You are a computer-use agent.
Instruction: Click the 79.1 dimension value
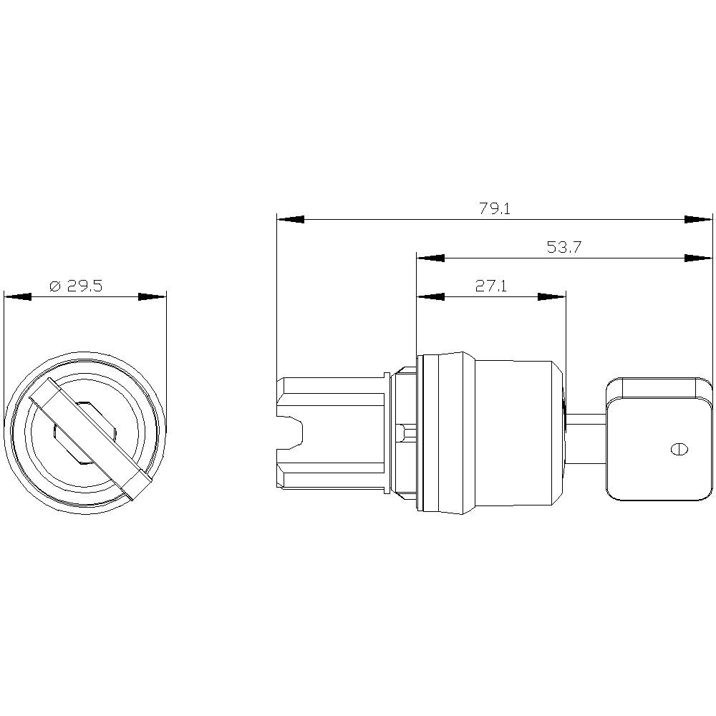coord(494,209)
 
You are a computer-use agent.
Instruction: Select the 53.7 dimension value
coord(563,248)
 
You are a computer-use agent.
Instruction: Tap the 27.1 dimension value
coord(491,286)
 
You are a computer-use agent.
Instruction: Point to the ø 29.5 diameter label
coord(77,286)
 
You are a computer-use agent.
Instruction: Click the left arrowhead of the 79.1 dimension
coord(291,219)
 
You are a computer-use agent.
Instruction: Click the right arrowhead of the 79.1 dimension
coord(699,219)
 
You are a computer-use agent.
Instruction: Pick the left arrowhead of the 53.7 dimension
coord(430,258)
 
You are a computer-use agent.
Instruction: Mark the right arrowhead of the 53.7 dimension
coord(699,258)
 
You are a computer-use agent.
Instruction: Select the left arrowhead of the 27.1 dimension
coord(430,296)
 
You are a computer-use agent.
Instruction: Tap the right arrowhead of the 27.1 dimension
coord(551,296)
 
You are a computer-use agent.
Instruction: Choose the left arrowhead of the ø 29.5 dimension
coord(18,296)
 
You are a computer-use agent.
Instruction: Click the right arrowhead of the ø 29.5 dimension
coord(152,296)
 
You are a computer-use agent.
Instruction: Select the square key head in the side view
coord(659,438)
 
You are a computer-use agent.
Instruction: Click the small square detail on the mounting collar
coord(407,432)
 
